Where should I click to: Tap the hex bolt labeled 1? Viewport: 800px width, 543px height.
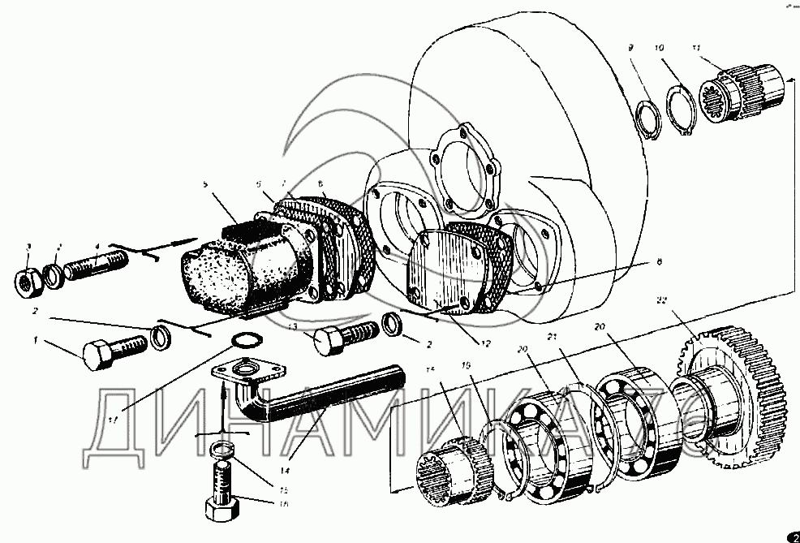(114, 350)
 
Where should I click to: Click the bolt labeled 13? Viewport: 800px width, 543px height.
(345, 336)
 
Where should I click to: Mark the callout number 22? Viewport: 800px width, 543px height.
(661, 300)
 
